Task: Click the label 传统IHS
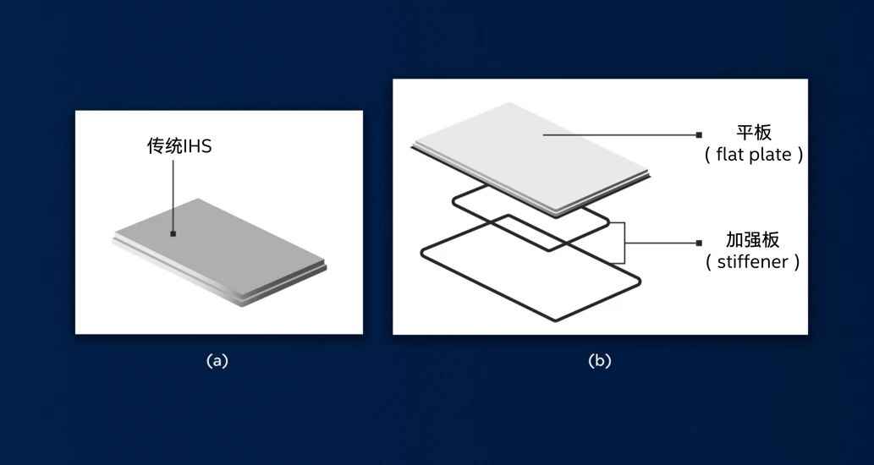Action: (179, 146)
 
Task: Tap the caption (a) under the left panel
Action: (217, 361)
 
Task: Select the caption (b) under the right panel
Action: (600, 361)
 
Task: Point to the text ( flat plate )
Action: (754, 155)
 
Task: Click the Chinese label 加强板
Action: (752, 240)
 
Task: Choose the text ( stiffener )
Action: (752, 262)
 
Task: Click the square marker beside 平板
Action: (699, 134)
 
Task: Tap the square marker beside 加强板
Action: (699, 243)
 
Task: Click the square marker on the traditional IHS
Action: (173, 234)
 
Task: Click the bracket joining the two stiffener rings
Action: (624, 243)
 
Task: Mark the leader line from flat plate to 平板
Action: (619, 134)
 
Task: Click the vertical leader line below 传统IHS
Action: (173, 195)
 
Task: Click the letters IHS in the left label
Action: (197, 146)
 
